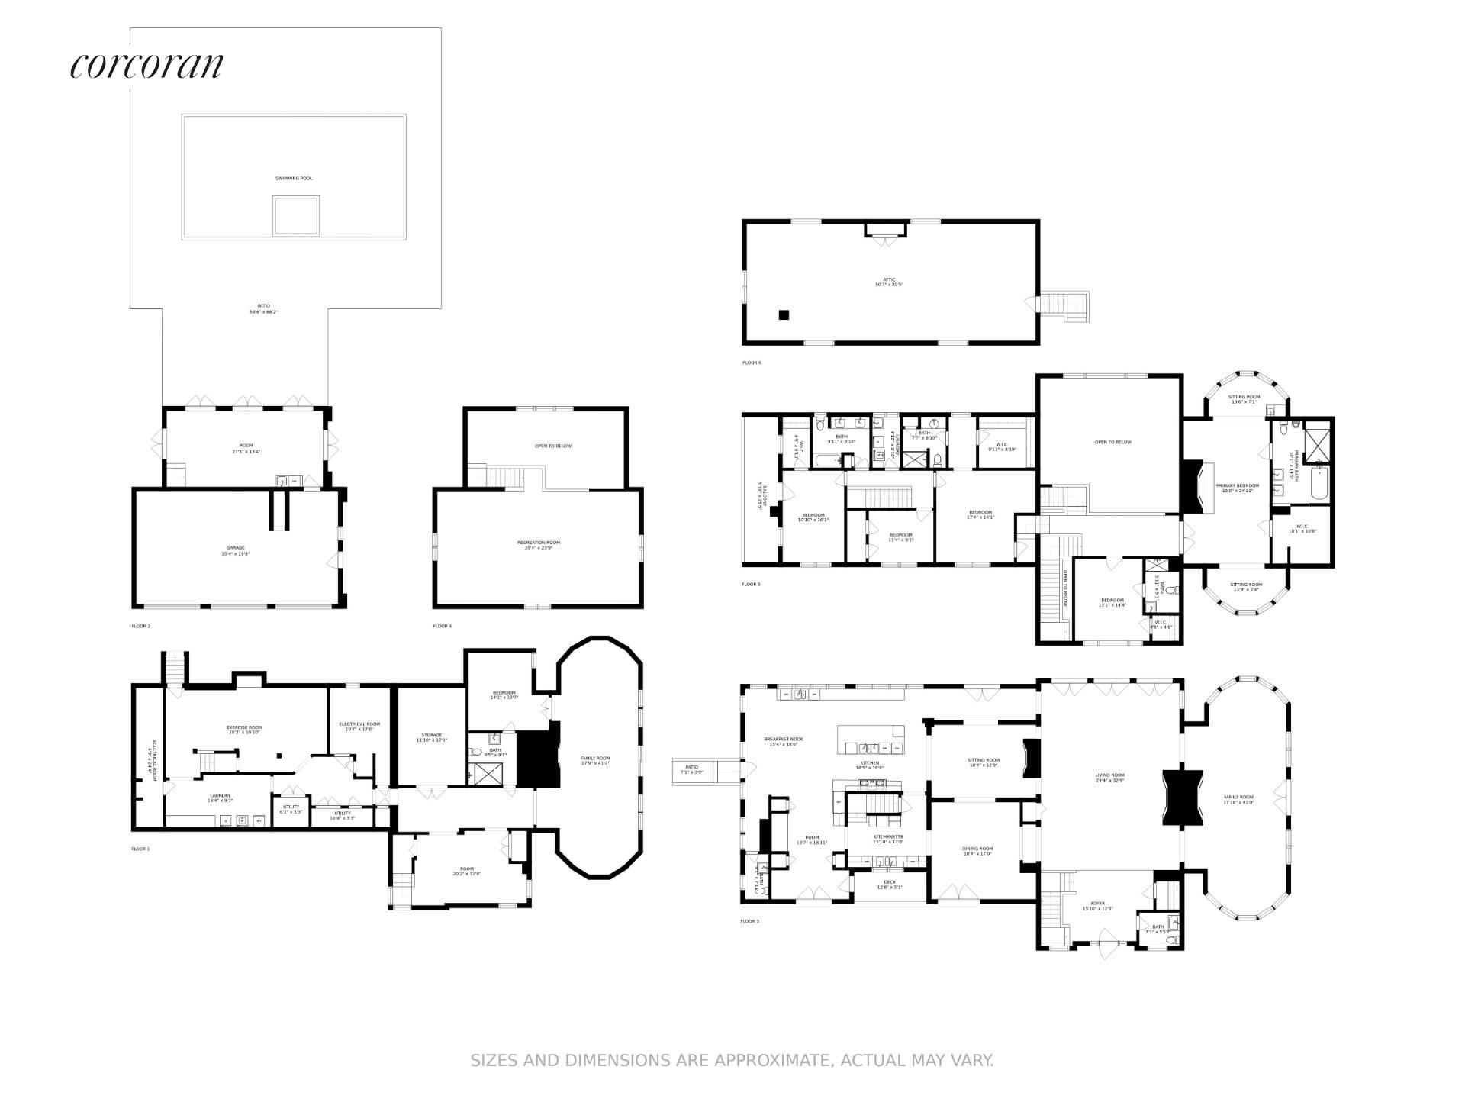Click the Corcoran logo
point(146,66)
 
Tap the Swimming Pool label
point(294,179)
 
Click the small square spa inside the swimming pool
point(296,216)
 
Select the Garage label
point(235,548)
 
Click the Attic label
point(889,280)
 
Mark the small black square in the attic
point(784,314)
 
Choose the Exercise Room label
point(244,727)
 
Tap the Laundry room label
point(221,796)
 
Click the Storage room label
point(431,736)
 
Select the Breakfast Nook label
point(784,739)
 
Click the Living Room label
point(1109,775)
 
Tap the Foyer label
point(1099,904)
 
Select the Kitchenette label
point(888,837)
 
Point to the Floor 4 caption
point(442,627)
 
